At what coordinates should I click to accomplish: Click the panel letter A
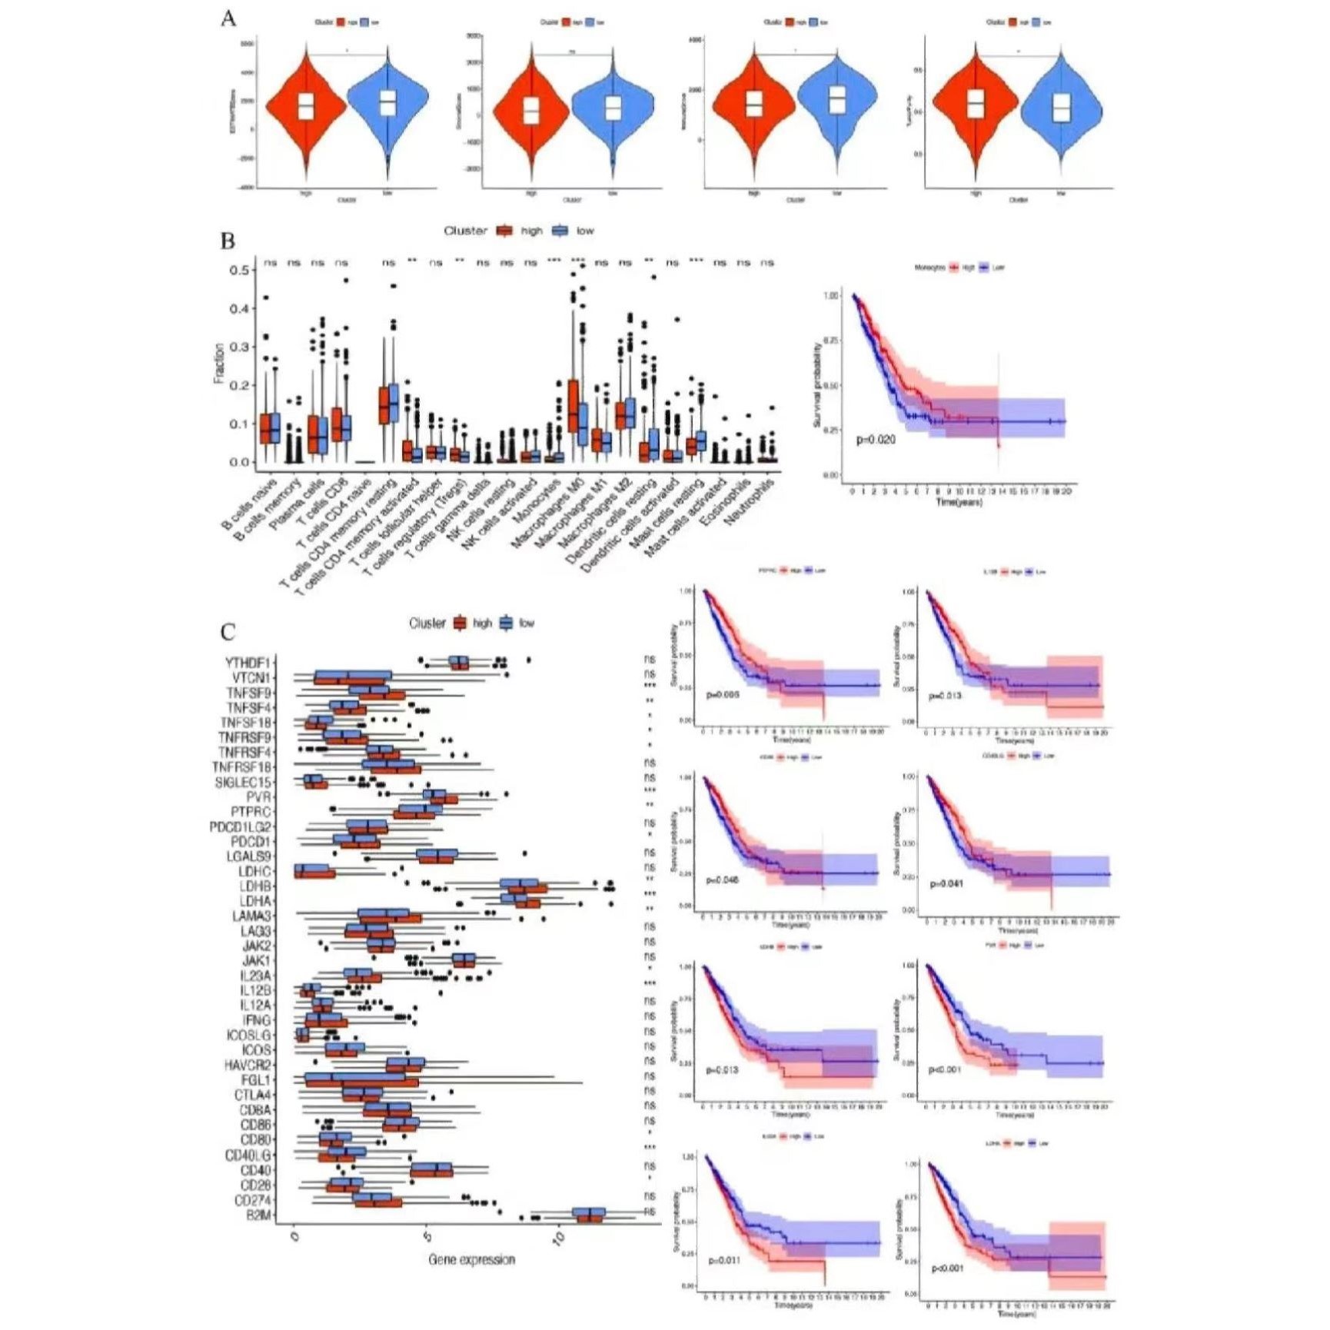click(x=228, y=18)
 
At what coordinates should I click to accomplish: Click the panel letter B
click(x=228, y=241)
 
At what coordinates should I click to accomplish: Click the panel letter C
click(x=228, y=632)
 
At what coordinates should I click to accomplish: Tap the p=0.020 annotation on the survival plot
click(x=876, y=440)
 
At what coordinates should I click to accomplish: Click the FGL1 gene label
click(x=256, y=1080)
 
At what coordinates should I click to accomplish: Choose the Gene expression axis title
click(x=471, y=1259)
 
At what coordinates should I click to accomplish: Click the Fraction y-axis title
click(x=219, y=364)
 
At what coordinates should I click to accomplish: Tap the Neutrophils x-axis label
click(x=750, y=501)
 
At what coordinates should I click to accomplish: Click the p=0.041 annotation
click(x=946, y=883)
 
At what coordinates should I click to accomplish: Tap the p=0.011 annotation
click(x=723, y=1261)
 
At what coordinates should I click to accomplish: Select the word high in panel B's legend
click(x=531, y=231)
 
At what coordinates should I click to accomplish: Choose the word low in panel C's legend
click(x=527, y=623)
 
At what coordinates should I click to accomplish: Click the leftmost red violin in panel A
click(x=305, y=108)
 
